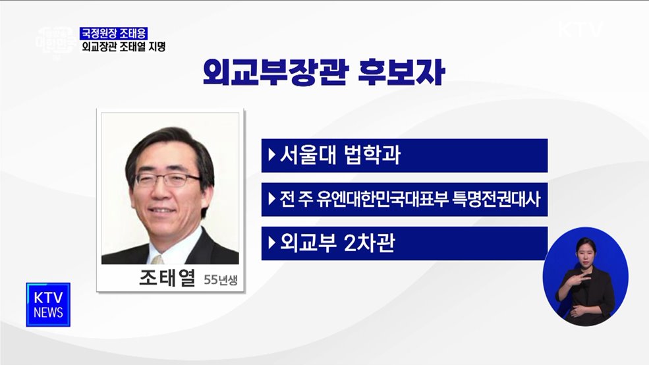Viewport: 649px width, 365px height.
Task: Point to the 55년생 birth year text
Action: (220, 280)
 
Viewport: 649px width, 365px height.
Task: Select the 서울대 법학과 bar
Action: (404, 155)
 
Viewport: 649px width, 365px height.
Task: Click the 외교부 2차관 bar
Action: (404, 243)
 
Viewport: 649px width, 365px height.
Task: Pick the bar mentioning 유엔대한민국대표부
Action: (404, 199)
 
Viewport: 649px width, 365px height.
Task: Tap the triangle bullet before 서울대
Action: (271, 156)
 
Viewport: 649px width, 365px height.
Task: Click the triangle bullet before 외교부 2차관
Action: (271, 244)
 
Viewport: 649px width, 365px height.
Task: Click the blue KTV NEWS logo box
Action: (48, 304)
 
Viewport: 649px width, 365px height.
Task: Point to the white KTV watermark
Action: (580, 30)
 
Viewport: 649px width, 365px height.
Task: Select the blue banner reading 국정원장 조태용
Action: (114, 32)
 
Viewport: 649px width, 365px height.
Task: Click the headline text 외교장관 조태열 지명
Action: (123, 46)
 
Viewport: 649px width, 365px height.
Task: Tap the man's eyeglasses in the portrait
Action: (167, 179)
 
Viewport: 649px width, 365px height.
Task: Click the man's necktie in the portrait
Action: (157, 258)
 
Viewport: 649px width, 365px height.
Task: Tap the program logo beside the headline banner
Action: (55, 41)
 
